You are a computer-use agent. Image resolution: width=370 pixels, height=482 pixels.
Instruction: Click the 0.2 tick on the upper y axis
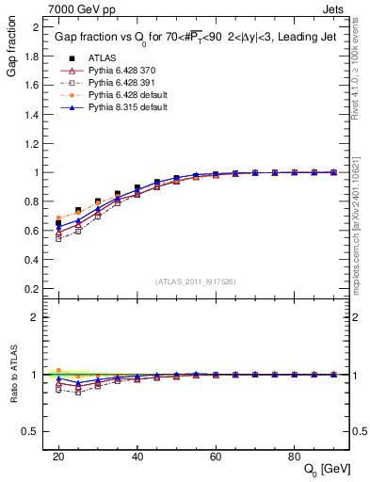pos(33,288)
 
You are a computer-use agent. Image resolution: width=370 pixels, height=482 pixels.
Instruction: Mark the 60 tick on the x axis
pos(215,456)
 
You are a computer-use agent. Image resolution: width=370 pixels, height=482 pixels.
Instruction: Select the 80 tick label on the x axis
pos(294,456)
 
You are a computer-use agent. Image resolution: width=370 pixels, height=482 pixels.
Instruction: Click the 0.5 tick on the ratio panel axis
pos(33,431)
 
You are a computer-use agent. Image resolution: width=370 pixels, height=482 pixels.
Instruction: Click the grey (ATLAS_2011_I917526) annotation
pos(195,281)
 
